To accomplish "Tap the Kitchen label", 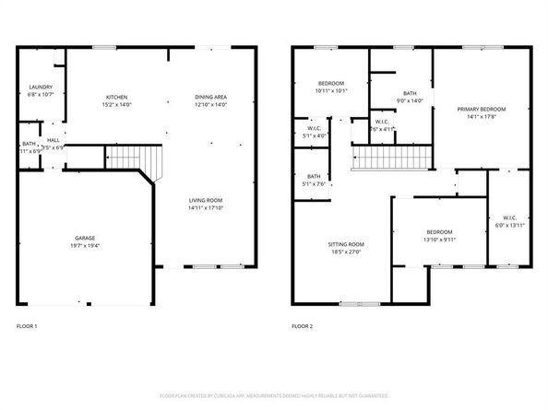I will tap(116, 97).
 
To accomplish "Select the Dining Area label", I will tap(210, 97).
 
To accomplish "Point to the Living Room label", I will tap(206, 200).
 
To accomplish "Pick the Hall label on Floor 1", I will tap(53, 141).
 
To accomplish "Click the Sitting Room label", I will tap(345, 244).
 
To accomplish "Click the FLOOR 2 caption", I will tap(302, 325).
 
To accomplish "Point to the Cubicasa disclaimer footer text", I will tap(274, 395).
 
